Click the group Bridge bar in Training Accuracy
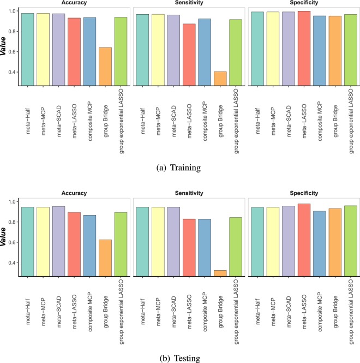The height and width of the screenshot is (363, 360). point(104,67)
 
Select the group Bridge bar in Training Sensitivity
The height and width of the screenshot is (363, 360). point(220,79)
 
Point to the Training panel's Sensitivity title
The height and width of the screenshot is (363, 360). point(189,3)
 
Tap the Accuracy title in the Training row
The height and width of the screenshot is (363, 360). point(74,3)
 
